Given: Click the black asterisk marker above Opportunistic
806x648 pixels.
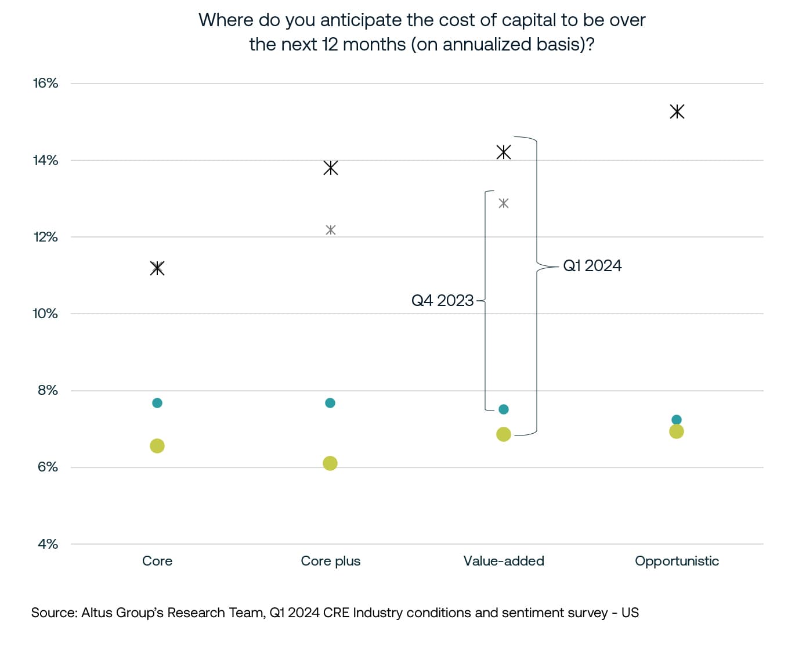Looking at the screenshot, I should click(x=677, y=111).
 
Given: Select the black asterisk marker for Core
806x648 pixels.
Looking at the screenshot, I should click(x=157, y=268).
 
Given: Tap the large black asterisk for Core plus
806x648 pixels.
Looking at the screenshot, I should click(x=330, y=168).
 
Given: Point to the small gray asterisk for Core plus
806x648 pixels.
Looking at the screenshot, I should click(x=330, y=230).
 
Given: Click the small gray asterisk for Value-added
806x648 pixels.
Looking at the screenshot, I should click(x=504, y=203).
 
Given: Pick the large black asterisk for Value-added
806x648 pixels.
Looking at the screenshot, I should click(x=504, y=152).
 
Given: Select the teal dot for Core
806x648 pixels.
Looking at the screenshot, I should click(x=157, y=403).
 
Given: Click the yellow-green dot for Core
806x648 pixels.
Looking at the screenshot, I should click(x=157, y=446).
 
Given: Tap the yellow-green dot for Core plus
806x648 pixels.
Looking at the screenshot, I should click(x=330, y=463).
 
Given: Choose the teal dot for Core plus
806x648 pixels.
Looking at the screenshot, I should click(x=330, y=403).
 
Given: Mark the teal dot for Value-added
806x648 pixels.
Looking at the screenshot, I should click(x=504, y=409).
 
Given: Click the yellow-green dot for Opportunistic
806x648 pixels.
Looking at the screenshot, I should click(x=676, y=431).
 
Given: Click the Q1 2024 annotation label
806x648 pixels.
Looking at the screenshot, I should click(x=592, y=266).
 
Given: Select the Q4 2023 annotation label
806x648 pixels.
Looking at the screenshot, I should click(x=442, y=301).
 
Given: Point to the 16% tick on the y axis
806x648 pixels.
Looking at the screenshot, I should click(x=45, y=83).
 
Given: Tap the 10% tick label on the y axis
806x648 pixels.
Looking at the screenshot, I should click(x=45, y=314).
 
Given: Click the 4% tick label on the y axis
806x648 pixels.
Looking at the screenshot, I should click(x=48, y=544).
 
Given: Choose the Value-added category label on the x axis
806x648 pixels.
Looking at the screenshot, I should click(x=504, y=561).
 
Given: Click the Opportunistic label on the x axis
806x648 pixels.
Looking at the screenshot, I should click(x=677, y=561).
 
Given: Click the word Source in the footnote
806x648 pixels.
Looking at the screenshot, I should click(x=53, y=613).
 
